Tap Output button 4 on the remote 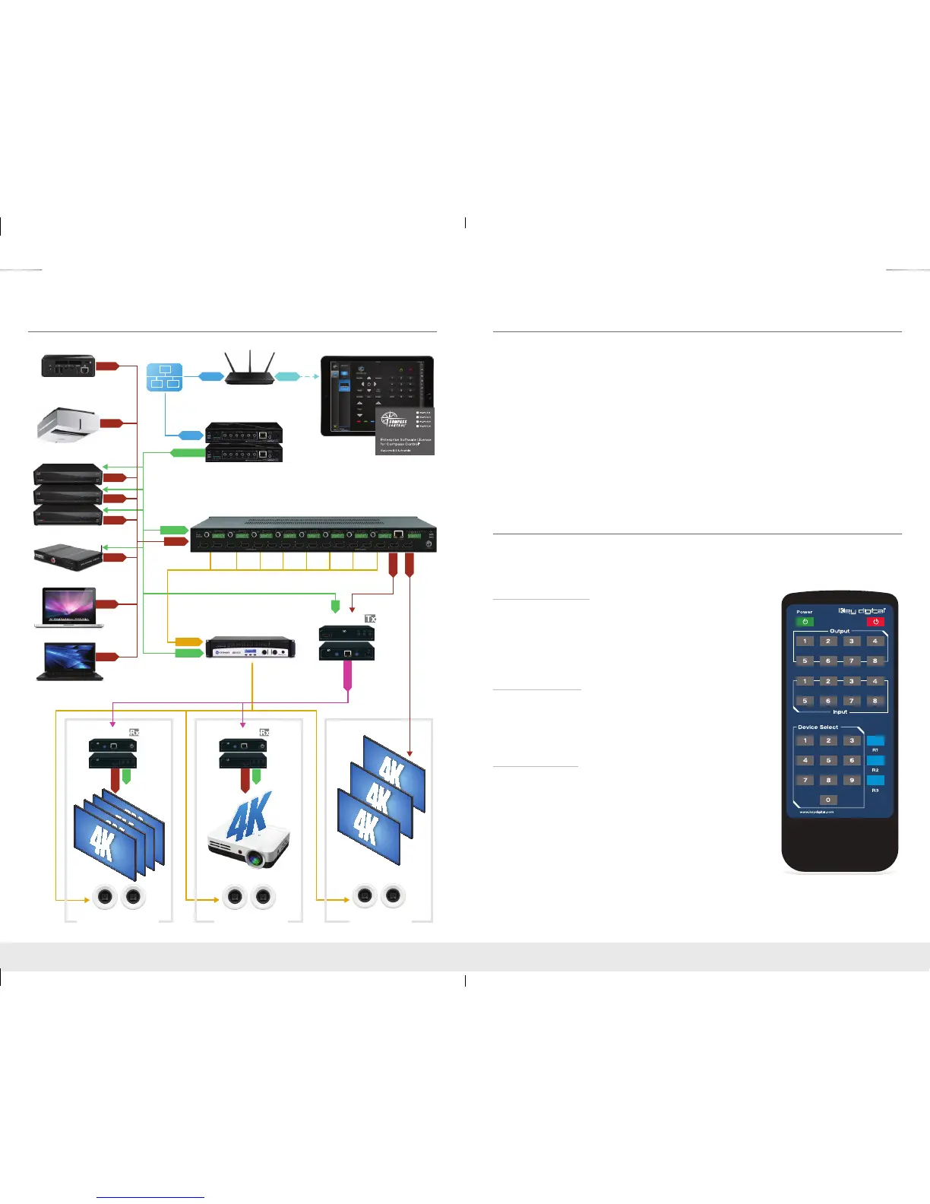tap(875, 641)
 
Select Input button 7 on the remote tap(852, 701)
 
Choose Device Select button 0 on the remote tap(828, 800)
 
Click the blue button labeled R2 tap(875, 760)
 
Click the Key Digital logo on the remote tap(862, 610)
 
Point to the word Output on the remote tap(840, 631)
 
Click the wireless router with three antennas tap(248, 369)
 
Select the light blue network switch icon tap(164, 377)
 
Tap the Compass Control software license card tap(405, 430)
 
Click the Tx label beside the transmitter tap(370, 619)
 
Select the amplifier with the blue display tap(251, 648)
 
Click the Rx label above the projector tap(264, 732)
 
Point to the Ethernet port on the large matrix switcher tap(398, 534)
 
